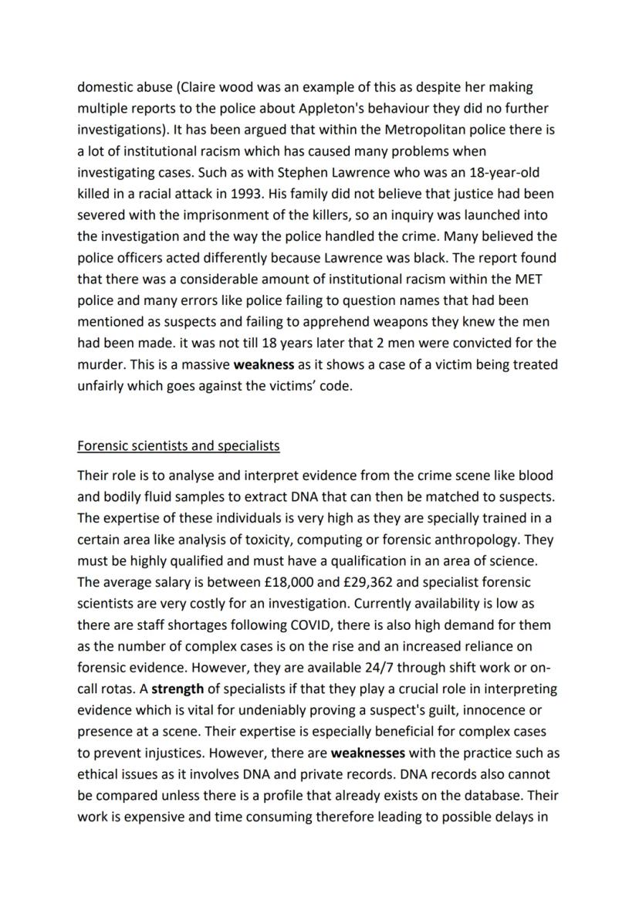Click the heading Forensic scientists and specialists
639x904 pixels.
click(178, 446)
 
